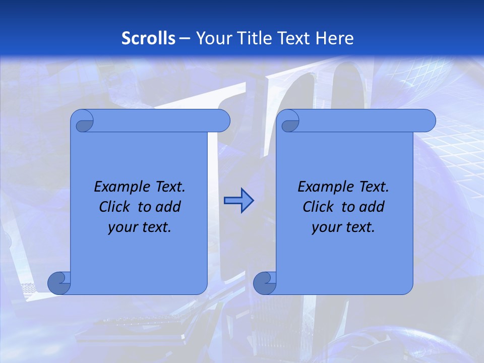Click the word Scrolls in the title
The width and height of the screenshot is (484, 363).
(x=149, y=38)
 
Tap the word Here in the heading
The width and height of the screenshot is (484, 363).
(x=335, y=38)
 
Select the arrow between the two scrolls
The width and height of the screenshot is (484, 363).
(x=238, y=201)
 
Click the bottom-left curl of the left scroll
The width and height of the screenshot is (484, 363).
(x=58, y=283)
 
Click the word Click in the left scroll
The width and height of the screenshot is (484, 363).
(x=115, y=207)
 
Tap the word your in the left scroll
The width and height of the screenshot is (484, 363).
(x=123, y=227)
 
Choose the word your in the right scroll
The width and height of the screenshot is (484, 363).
(x=326, y=227)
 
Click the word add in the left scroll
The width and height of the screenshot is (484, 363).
(x=168, y=207)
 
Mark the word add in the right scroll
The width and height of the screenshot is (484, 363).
(x=372, y=207)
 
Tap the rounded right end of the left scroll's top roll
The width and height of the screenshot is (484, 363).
(x=222, y=121)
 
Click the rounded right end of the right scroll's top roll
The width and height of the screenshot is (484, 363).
(x=428, y=121)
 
